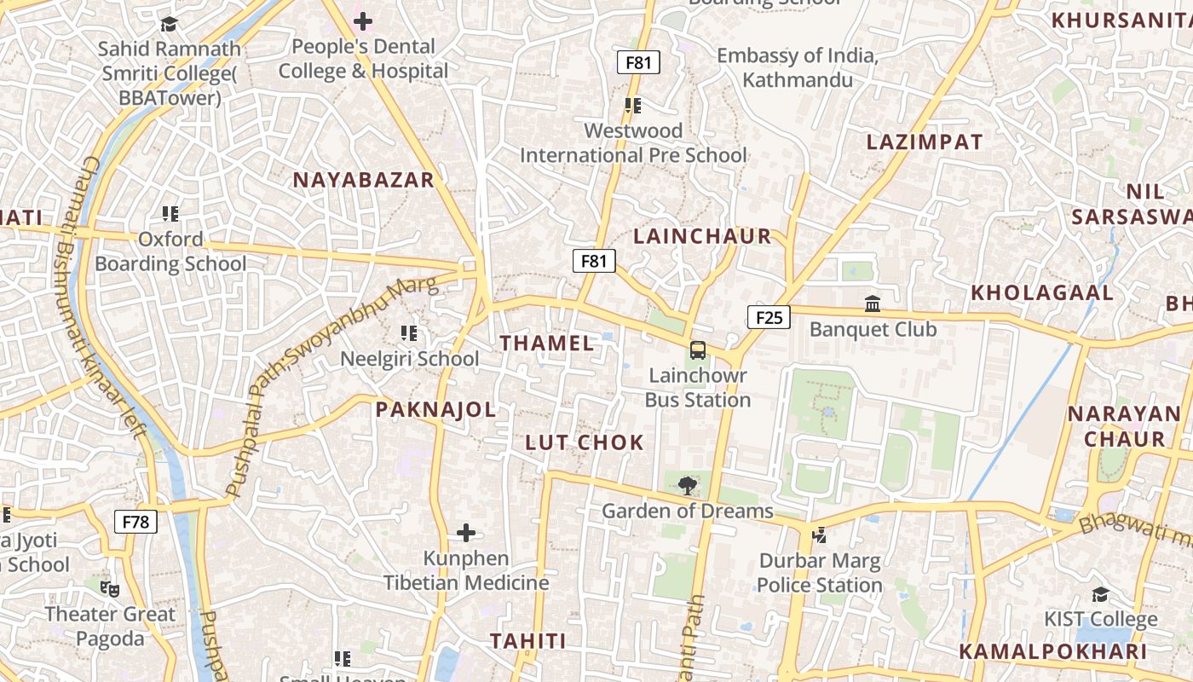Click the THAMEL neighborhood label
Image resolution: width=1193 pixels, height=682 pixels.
coord(546,344)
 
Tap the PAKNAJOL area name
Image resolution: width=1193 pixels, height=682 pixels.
coord(435,410)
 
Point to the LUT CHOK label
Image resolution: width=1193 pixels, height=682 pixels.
coord(585,442)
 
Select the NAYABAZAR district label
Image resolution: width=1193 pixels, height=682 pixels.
coord(364,180)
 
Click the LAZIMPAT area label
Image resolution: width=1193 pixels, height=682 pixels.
coord(925,142)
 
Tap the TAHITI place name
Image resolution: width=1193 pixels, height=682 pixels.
coord(528,641)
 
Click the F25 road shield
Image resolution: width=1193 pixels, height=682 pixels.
coord(769,318)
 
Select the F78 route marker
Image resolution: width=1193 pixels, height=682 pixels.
coord(136,521)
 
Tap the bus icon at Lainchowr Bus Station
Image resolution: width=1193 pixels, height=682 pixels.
coord(697,350)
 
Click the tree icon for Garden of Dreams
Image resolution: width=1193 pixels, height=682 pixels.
coord(687,486)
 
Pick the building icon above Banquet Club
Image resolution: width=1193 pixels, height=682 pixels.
coord(873,303)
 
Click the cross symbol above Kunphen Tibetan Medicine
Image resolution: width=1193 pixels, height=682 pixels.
coord(465,533)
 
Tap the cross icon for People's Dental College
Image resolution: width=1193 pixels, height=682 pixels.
coord(363,20)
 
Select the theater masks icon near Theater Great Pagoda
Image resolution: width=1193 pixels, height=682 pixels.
coord(110,588)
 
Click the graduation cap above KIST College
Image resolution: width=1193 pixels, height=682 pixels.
coord(1101,594)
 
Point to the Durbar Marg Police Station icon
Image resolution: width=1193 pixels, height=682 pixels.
coord(819,535)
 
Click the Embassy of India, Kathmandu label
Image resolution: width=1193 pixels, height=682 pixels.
coord(797,68)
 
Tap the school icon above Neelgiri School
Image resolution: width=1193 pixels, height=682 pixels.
coord(409,333)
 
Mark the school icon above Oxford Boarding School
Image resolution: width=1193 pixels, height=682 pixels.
coord(170,214)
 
